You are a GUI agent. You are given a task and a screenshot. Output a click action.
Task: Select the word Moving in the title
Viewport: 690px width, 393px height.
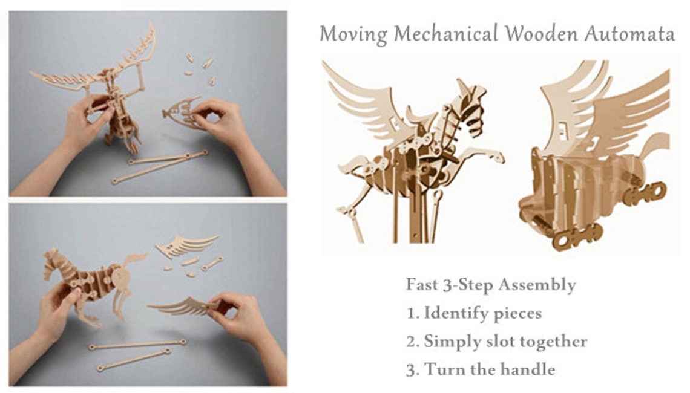tap(353, 34)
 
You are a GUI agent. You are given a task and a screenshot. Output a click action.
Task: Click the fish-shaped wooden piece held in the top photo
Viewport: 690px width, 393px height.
tap(182, 112)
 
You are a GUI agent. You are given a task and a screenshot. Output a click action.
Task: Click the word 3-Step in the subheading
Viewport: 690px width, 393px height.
tap(473, 285)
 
